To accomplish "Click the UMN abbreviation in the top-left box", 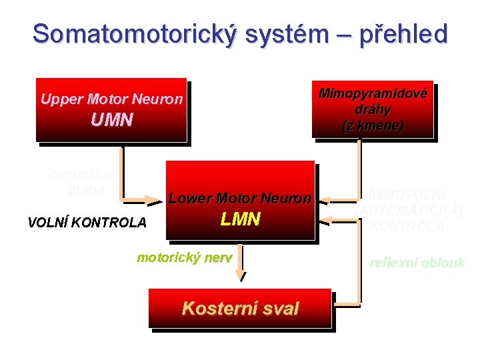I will point(111,121).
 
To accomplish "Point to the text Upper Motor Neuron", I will point(111,99).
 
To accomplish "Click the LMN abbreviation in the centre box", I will point(240,219).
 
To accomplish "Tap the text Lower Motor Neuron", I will point(240,198).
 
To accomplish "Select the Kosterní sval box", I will point(240,308).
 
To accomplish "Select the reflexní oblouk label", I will point(417,263).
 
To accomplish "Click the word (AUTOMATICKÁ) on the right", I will point(407,211).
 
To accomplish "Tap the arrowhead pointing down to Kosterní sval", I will point(243,276).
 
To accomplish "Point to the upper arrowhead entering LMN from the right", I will point(323,199).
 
